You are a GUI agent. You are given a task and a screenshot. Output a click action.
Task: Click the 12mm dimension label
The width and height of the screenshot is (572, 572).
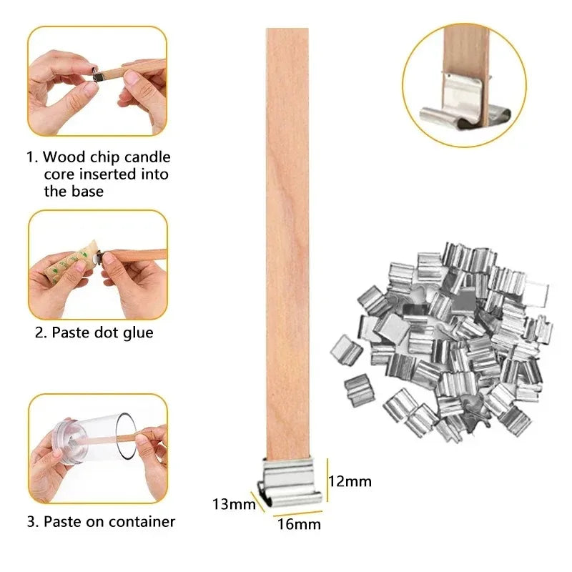click(x=350, y=481)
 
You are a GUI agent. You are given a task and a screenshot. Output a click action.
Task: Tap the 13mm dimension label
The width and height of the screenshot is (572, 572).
click(x=234, y=505)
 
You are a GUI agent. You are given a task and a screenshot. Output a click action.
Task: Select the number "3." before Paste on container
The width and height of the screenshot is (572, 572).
click(x=34, y=522)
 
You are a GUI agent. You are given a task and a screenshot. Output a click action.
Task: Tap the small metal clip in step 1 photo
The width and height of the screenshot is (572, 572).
click(x=101, y=70)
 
